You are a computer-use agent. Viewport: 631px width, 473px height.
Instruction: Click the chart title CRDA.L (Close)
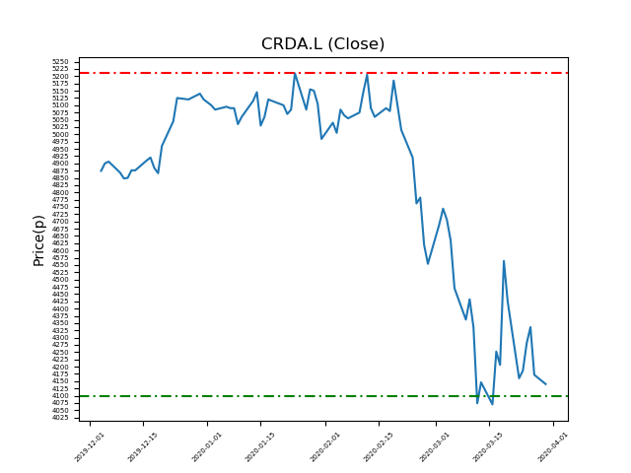tap(322, 44)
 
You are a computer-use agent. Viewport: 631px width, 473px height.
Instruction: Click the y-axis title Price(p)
tap(39, 239)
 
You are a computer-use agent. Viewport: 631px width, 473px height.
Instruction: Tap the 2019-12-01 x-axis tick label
tap(91, 444)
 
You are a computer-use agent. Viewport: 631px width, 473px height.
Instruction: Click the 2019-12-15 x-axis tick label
tap(144, 444)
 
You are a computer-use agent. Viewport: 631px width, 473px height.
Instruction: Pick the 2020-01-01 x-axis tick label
tap(208, 444)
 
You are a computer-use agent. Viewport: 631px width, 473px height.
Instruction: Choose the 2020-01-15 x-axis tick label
tap(261, 444)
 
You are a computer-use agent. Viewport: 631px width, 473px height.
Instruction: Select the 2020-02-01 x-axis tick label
tap(326, 444)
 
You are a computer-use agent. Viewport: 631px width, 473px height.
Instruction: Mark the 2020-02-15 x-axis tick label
tap(380, 444)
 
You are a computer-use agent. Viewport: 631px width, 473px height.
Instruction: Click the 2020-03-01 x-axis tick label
tap(435, 444)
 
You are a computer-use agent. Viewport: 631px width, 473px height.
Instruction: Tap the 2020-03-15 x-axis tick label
tap(489, 444)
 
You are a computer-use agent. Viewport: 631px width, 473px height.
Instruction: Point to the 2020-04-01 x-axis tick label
tap(553, 444)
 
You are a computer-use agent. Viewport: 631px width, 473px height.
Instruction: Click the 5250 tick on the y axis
tap(60, 62)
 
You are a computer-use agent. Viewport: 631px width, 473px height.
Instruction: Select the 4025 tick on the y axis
tap(60, 418)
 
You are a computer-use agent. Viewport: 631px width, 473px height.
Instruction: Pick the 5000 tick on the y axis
tap(60, 134)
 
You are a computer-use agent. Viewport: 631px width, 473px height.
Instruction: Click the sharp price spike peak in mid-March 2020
tap(504, 261)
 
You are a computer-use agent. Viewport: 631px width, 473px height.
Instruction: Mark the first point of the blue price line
tap(101, 170)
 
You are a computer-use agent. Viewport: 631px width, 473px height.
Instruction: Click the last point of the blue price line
tap(545, 384)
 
